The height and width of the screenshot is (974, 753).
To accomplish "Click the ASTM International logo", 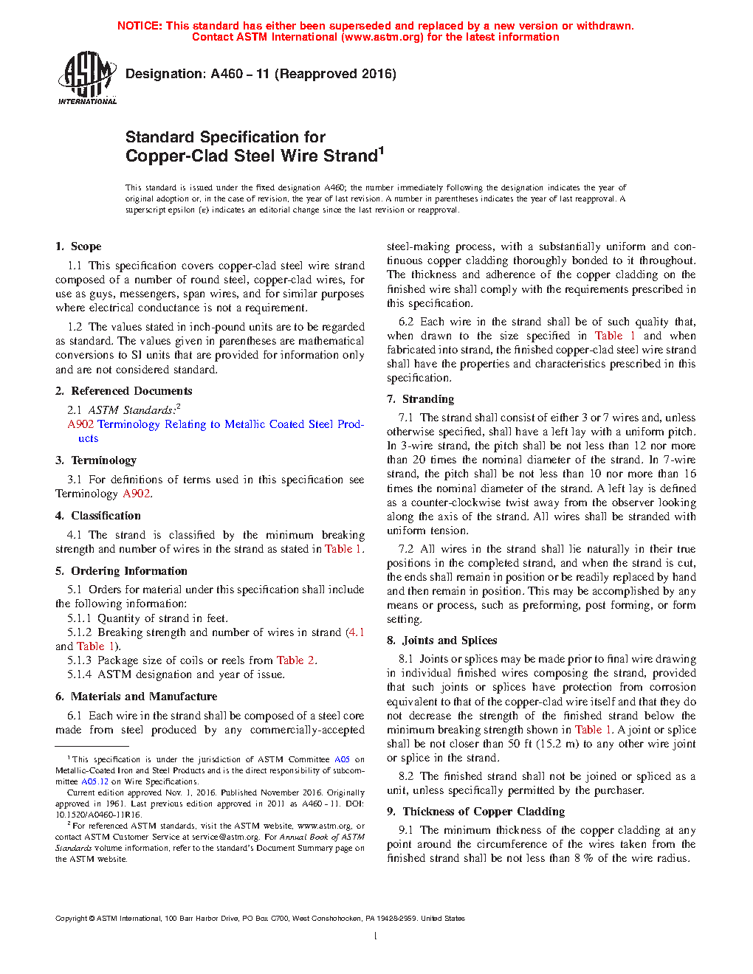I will point(86,77).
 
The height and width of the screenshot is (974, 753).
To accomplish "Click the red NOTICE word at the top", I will point(140,26).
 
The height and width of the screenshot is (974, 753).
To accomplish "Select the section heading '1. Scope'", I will point(78,246).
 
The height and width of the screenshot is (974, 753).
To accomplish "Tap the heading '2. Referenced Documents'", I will point(123,391).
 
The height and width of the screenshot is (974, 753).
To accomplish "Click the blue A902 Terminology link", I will point(216,424).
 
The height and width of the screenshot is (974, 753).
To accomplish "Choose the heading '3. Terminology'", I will point(96,460).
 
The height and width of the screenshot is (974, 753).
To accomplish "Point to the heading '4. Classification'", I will point(98,516).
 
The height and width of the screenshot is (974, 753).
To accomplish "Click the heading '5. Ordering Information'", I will point(121,571).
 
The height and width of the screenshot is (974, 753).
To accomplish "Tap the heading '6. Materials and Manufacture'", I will point(136,697).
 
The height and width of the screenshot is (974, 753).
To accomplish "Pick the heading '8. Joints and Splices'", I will point(441,640).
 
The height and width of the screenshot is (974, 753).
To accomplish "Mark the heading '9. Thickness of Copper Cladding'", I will point(475,812).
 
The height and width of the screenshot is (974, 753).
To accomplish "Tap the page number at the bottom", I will point(376,936).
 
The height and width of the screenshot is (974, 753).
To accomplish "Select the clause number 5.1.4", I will point(80,674).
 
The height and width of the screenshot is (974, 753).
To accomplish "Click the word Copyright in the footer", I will point(71,919).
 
